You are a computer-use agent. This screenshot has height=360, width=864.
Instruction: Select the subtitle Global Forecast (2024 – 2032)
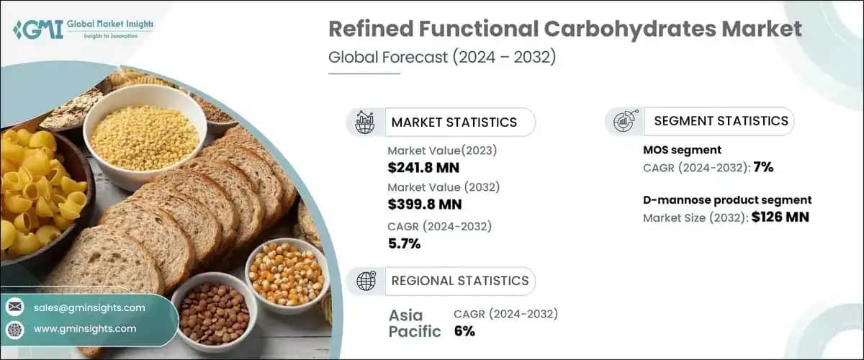tap(441, 58)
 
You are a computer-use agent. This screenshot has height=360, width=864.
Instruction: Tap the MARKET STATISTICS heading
tap(454, 122)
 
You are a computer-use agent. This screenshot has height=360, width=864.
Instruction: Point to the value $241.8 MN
tap(423, 168)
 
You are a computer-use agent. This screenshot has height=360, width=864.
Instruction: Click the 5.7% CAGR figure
tap(404, 244)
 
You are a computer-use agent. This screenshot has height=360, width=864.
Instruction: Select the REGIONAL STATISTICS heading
tap(459, 280)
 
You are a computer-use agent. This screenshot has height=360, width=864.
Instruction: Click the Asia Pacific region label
tap(415, 323)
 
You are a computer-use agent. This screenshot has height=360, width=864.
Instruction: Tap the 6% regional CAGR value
tap(464, 331)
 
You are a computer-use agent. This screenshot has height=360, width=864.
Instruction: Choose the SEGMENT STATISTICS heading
tap(721, 121)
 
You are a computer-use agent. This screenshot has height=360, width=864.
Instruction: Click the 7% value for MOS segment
tap(764, 168)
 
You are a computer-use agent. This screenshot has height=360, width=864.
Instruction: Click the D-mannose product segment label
tap(727, 200)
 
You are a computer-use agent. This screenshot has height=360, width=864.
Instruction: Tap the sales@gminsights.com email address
tap(89, 307)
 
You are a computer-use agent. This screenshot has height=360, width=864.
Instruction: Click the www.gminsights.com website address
tap(85, 329)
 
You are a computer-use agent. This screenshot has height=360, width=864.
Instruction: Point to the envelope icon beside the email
tap(14, 307)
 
